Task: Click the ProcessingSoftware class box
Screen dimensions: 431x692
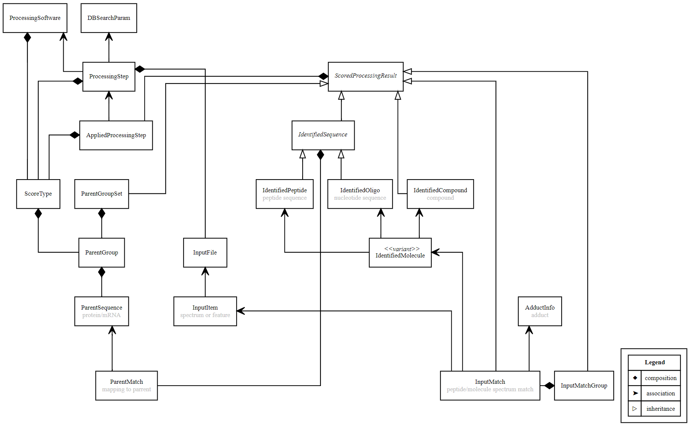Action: point(35,18)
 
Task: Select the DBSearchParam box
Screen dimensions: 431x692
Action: point(109,18)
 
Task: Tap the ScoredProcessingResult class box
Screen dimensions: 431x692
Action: point(365,76)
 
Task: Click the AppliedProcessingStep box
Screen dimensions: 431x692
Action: point(116,135)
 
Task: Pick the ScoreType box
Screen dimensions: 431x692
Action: point(38,194)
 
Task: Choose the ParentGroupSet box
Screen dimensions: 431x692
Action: point(101,194)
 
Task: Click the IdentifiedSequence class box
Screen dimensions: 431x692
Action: point(323,135)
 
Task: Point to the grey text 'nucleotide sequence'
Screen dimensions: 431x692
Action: point(360,198)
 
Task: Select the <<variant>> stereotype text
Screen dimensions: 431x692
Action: point(401,249)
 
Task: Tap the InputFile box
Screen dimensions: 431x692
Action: point(205,253)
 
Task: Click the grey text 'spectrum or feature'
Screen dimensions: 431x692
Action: point(205,315)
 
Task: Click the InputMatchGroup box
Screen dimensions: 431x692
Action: point(584,386)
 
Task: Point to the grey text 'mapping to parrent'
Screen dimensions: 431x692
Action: point(126,389)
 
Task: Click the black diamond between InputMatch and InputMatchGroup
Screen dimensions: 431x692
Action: point(549,386)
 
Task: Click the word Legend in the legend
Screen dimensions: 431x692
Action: point(655,362)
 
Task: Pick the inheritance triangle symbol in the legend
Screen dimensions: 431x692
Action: point(635,409)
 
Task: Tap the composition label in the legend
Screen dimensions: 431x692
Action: point(661,378)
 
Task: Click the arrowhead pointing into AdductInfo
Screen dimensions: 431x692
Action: point(529,330)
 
